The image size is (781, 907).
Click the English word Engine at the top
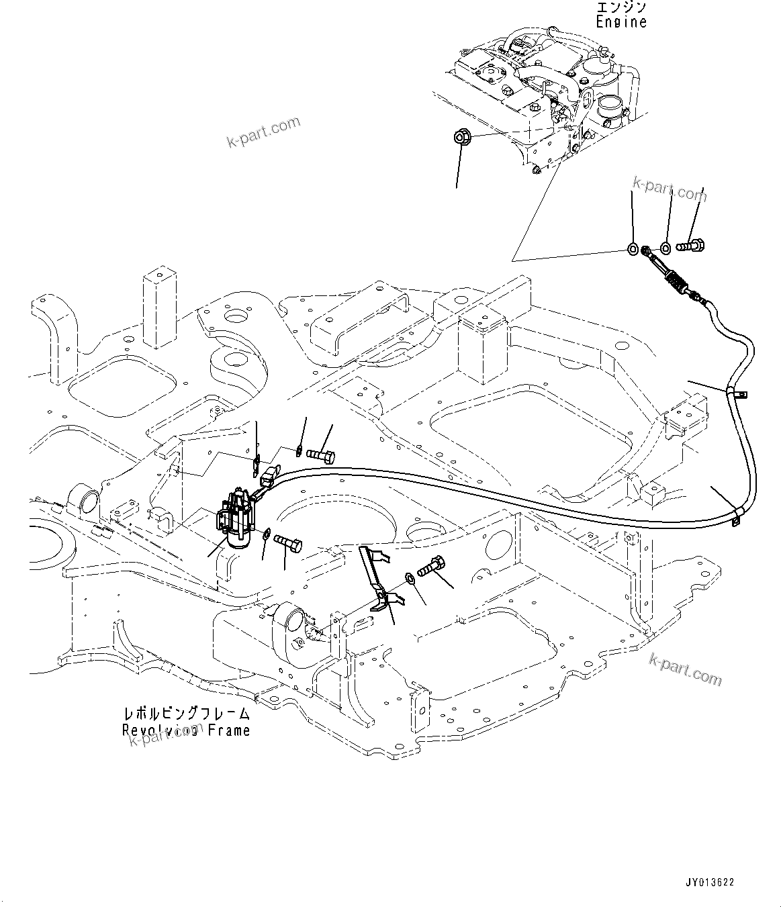point(621,21)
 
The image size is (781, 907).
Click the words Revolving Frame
point(186,730)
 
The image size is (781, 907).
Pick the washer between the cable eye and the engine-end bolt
point(665,248)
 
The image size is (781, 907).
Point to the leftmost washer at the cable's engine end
point(633,250)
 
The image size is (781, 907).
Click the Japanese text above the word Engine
point(621,7)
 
